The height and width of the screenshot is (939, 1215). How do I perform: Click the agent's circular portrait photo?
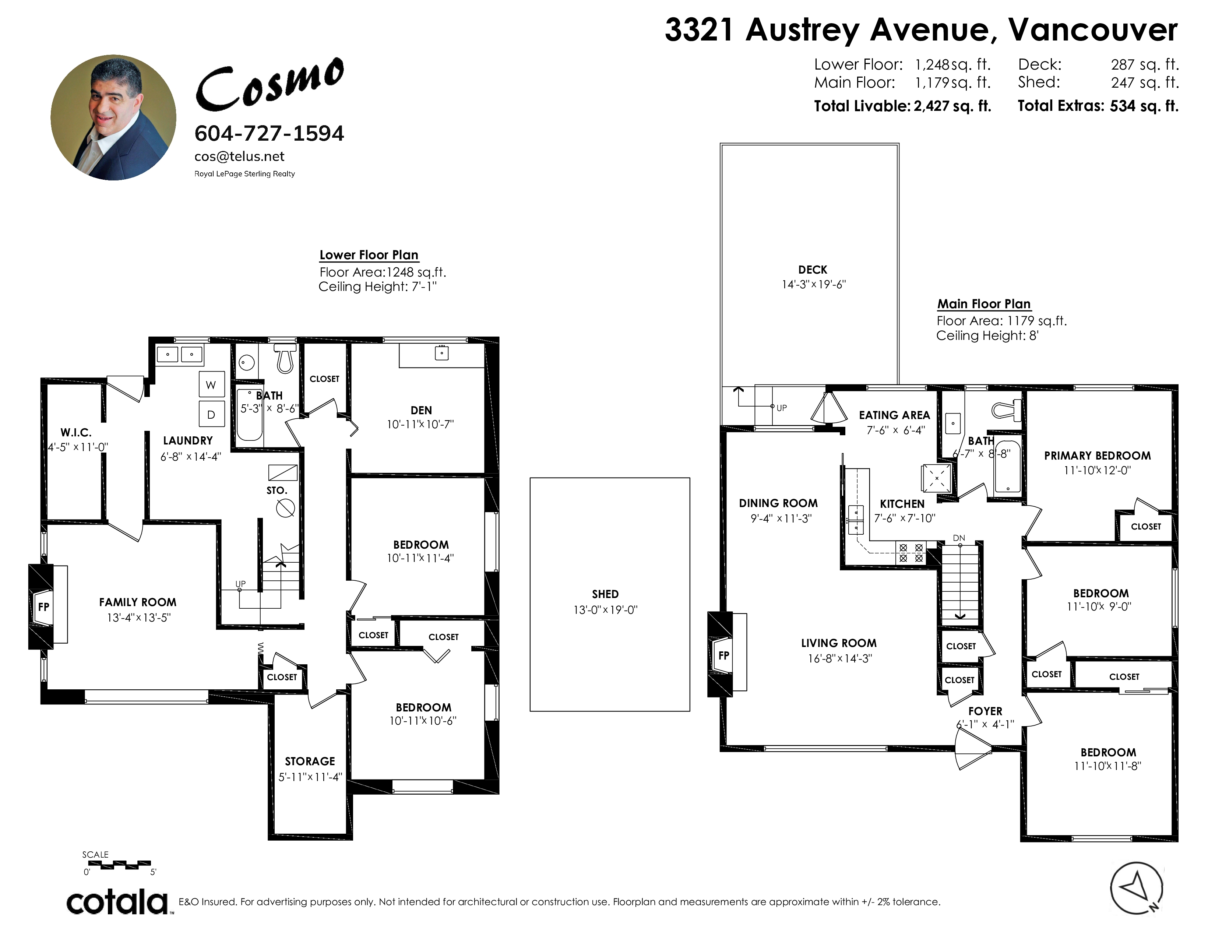click(113, 117)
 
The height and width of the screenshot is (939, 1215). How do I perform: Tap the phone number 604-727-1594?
click(269, 134)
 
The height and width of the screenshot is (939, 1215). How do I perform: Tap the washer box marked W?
click(211, 384)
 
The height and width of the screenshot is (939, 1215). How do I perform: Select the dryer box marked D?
click(211, 414)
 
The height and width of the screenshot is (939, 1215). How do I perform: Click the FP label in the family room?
click(43, 607)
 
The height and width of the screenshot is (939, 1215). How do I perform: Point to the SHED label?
click(605, 594)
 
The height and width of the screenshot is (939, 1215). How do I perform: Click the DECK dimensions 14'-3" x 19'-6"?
click(813, 284)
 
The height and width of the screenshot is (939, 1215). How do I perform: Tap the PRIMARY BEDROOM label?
click(1097, 456)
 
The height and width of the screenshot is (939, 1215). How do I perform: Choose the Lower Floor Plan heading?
click(369, 255)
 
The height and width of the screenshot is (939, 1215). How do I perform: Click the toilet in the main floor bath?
click(1007, 411)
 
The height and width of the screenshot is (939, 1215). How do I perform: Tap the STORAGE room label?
click(310, 761)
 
